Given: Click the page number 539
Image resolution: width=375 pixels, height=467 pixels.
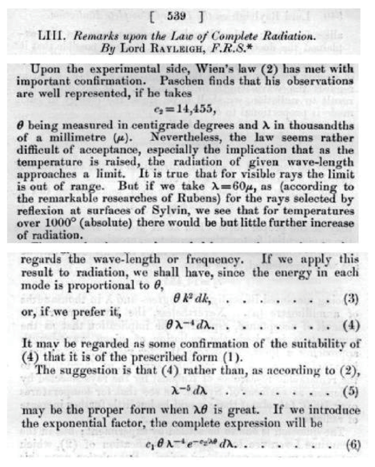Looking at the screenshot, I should point(177,16).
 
